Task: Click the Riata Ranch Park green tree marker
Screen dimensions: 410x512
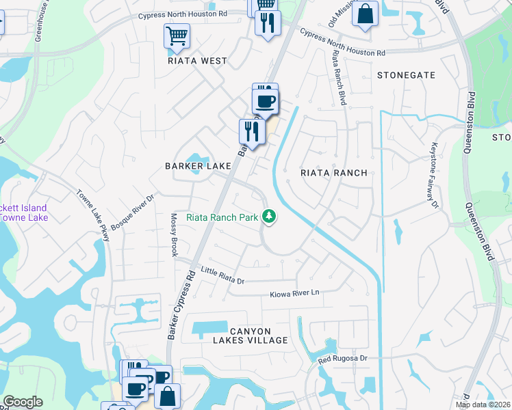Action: [x=270, y=217]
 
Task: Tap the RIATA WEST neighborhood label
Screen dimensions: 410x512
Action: [x=197, y=61]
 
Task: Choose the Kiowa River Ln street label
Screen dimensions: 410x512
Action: [x=296, y=292]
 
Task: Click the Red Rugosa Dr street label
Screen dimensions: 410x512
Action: [x=343, y=358]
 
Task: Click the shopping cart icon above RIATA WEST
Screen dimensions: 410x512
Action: [x=177, y=36]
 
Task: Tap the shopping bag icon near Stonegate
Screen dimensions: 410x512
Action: [x=365, y=14]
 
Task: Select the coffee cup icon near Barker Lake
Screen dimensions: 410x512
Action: [x=265, y=102]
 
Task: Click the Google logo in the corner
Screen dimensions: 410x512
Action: [x=23, y=402]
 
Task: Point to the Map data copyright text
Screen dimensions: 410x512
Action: [x=483, y=405]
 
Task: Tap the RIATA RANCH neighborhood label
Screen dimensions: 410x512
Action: [x=334, y=173]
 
